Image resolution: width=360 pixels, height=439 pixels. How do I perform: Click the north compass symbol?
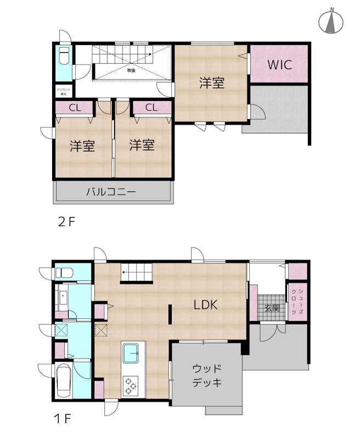pyautogui.click(x=331, y=22)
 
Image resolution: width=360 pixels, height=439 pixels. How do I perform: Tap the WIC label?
pyautogui.click(x=279, y=64)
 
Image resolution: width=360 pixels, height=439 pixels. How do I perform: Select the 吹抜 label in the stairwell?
pyautogui.click(x=131, y=70)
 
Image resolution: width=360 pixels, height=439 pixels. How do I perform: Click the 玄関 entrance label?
pyautogui.click(x=272, y=307)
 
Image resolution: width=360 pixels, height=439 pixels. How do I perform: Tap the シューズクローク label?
pyautogui.click(x=297, y=301)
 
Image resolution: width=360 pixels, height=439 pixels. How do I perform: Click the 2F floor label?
pyautogui.click(x=66, y=223)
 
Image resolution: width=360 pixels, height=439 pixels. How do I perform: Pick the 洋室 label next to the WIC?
pyautogui.click(x=211, y=83)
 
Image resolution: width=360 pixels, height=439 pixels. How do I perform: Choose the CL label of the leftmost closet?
pyautogui.click(x=75, y=108)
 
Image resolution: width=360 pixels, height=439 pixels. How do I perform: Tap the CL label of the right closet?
pyautogui.click(x=151, y=108)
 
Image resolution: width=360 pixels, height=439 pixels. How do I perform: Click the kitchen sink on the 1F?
pyautogui.click(x=132, y=354)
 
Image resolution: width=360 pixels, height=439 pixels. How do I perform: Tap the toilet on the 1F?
pyautogui.click(x=64, y=273)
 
